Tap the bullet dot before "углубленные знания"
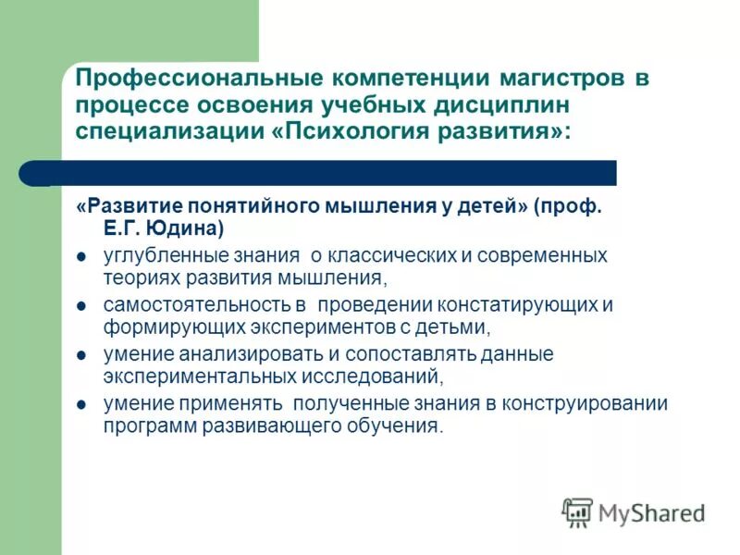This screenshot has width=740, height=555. [81, 256]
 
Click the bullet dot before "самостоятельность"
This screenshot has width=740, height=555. [81, 306]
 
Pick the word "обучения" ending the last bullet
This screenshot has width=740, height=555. [398, 426]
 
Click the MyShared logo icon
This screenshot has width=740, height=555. [577, 512]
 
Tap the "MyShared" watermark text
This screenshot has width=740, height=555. [651, 512]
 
